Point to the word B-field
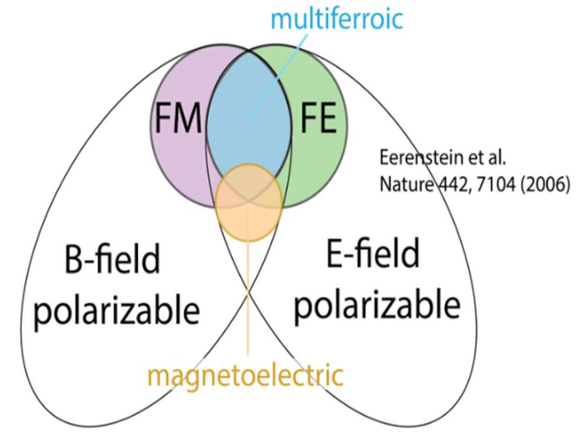tap(114, 261)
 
